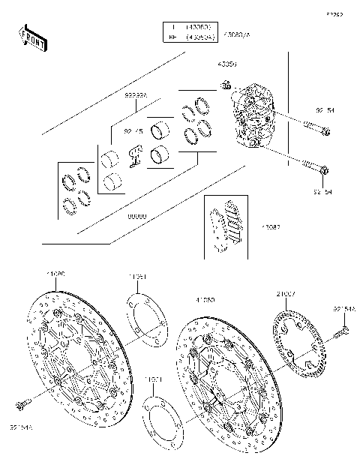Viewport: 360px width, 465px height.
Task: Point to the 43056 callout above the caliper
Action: coord(227,65)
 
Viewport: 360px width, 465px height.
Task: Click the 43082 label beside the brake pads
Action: coord(271,226)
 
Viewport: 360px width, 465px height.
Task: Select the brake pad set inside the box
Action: coord(225,224)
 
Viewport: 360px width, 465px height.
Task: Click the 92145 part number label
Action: coord(133,131)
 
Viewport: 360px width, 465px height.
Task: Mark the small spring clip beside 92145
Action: coord(135,154)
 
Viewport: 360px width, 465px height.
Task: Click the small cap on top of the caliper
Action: coord(226,85)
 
